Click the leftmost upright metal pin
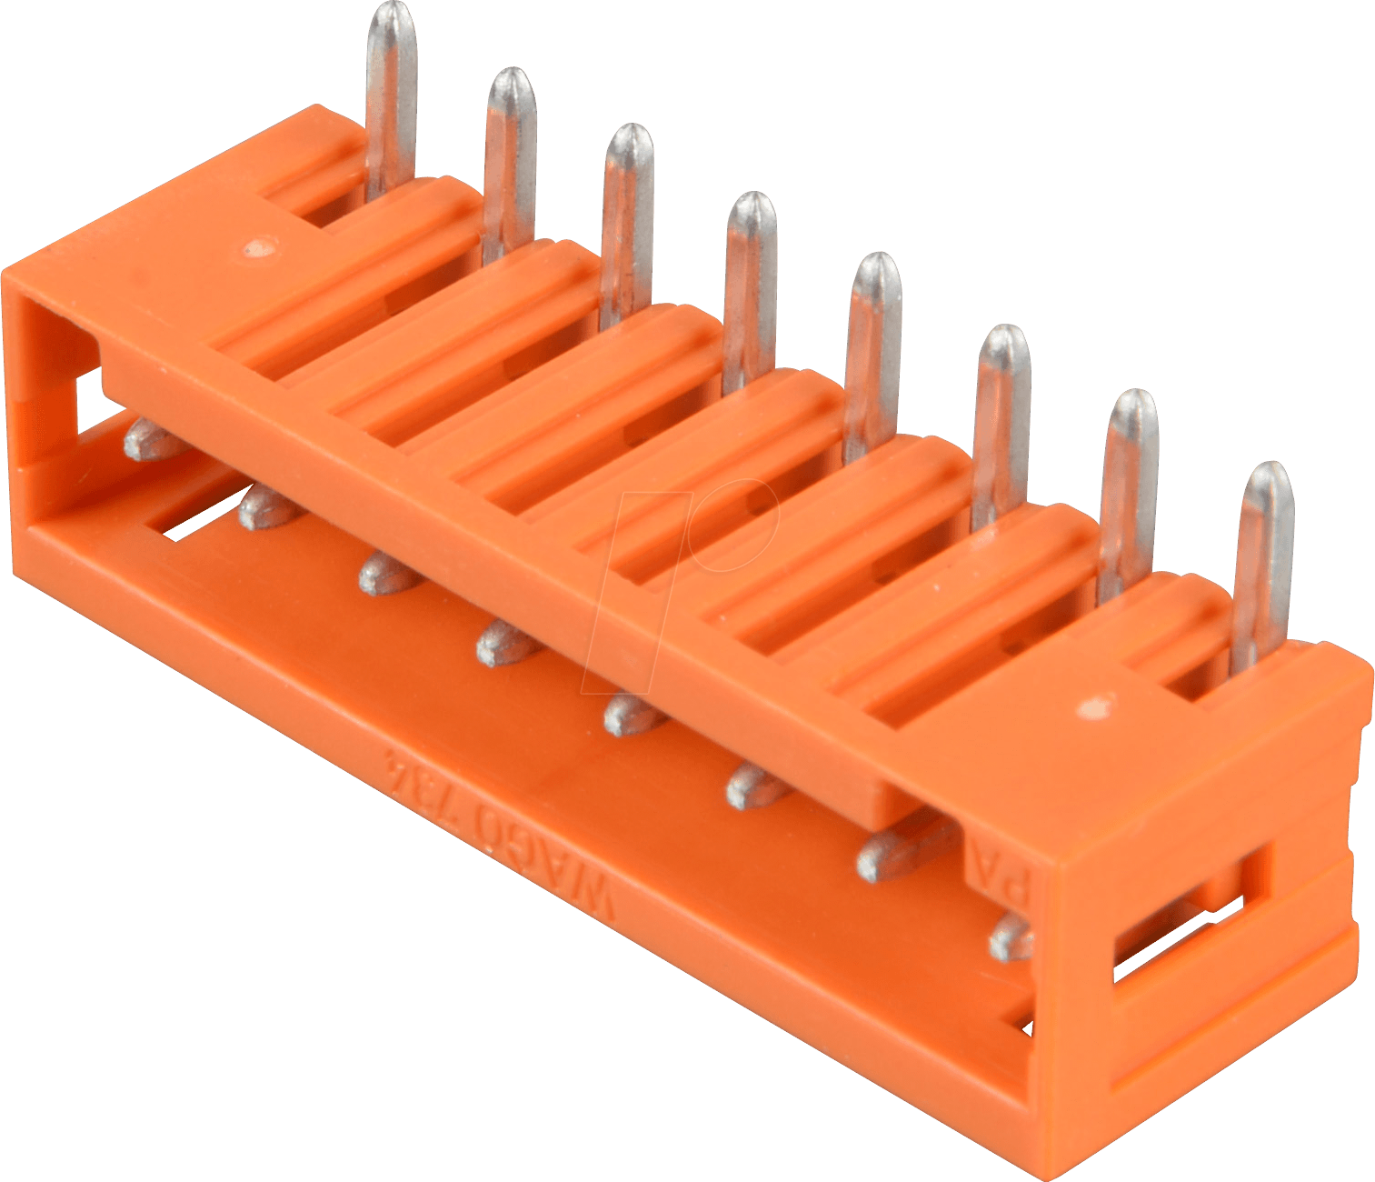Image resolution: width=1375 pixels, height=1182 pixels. pos(391,91)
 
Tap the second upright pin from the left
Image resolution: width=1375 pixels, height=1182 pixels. pos(510,155)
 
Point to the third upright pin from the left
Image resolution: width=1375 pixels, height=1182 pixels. pos(627,218)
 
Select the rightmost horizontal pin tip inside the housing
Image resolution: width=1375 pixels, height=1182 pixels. pos(1011,938)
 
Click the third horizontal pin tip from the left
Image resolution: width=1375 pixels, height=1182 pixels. pos(385,573)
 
